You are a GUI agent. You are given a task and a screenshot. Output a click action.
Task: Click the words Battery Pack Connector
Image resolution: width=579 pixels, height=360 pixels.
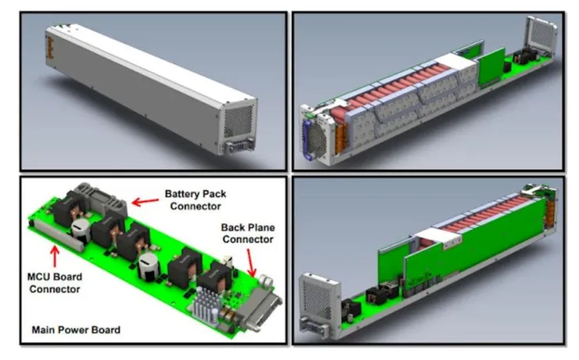point(196,200)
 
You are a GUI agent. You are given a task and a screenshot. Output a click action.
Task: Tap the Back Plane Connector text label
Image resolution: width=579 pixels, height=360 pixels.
point(248,233)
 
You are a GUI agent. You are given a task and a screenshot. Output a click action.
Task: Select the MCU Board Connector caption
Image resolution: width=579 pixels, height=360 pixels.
point(55,283)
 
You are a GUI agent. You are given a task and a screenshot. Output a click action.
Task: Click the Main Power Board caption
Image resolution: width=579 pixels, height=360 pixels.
point(76,329)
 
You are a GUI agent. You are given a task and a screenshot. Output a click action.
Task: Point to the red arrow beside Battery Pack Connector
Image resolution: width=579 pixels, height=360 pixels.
point(145,202)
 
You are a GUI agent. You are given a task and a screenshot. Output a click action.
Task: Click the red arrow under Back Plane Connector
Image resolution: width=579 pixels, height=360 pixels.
point(250,263)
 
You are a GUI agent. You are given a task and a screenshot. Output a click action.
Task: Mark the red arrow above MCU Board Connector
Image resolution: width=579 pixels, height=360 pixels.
point(55,256)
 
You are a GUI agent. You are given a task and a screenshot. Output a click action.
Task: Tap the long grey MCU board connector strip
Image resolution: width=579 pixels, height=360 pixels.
point(59,236)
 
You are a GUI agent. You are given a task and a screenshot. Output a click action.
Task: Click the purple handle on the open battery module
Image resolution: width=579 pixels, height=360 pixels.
point(307,139)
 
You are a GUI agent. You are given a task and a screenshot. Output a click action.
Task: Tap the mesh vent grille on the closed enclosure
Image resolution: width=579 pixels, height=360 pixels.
point(239,121)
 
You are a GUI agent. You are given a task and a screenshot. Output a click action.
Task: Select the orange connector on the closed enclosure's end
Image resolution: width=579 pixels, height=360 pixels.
point(50,48)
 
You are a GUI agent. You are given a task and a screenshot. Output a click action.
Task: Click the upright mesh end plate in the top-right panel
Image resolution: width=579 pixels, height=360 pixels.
point(541,36)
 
